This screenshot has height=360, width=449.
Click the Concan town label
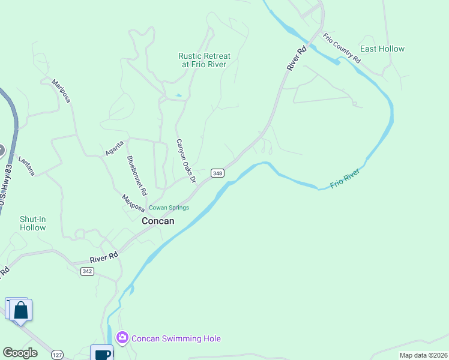[158, 221]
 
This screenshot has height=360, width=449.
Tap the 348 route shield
[217, 173]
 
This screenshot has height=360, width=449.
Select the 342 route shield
[87, 271]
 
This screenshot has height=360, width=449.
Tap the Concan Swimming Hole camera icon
[122, 338]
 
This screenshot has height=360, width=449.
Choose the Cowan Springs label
[169, 208]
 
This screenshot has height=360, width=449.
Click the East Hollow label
[382, 49]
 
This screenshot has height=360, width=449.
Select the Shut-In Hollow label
[32, 223]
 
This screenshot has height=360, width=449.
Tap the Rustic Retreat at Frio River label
[204, 60]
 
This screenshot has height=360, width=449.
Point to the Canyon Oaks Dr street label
[186, 161]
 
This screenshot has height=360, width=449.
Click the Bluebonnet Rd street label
[137, 176]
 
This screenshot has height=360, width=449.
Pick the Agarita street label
[115, 146]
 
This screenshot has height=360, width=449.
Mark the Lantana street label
[27, 166]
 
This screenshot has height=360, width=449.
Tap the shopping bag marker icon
[21, 310]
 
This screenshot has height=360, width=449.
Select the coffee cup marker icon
[102, 353]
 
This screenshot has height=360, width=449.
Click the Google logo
[20, 353]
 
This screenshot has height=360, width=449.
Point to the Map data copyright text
[423, 355]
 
